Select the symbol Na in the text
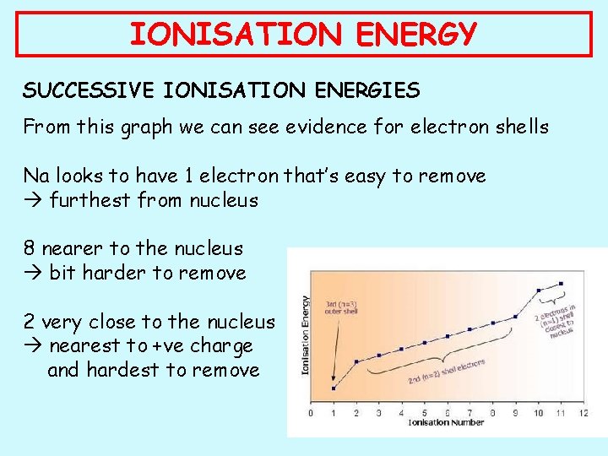36,176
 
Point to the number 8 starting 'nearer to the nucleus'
30,249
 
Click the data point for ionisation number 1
334,388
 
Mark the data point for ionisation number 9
516,318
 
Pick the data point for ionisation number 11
561,283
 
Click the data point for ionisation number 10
539,290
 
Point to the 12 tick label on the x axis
584,413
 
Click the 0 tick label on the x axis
311,413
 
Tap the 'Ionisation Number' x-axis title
446,423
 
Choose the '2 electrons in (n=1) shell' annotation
556,322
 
